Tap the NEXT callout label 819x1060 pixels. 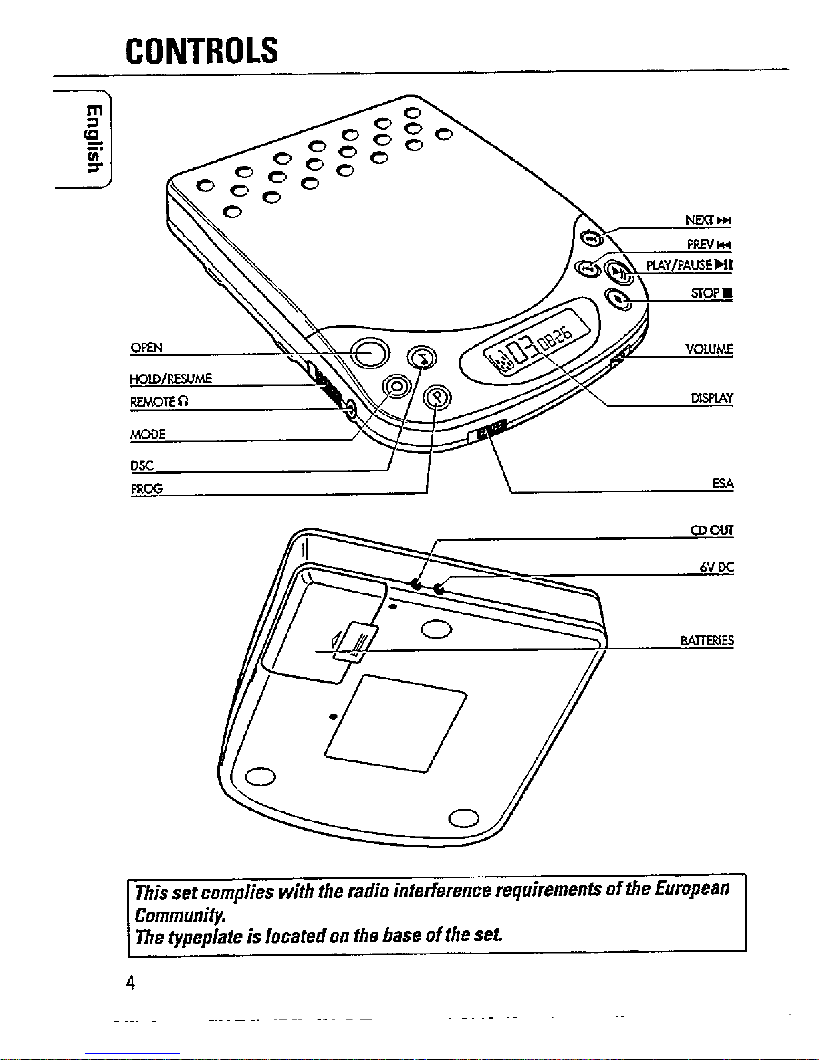[x=708, y=220]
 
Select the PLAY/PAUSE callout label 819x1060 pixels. [x=689, y=265]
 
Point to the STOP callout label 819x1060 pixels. [x=711, y=293]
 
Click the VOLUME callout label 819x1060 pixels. [x=709, y=349]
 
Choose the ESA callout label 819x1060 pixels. [x=723, y=484]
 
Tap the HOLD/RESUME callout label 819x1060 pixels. [x=170, y=379]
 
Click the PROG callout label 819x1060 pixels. [x=146, y=488]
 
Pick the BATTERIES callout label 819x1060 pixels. [x=707, y=640]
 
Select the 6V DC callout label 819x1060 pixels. [x=717, y=567]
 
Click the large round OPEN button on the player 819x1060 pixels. [x=370, y=352]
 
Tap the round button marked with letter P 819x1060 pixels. [x=438, y=397]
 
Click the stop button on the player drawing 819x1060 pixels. [x=618, y=298]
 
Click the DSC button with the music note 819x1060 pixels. [x=422, y=358]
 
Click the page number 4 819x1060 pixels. [x=130, y=982]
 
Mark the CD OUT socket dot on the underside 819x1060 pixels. [x=417, y=583]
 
